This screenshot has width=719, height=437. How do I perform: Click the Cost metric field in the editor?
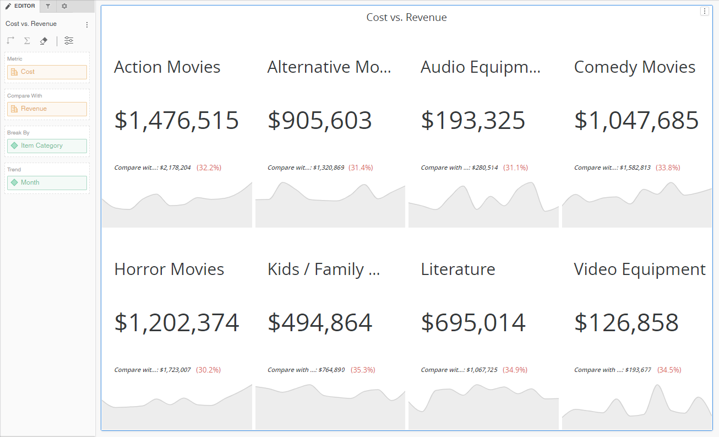(x=47, y=72)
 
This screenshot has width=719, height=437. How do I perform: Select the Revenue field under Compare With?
(x=47, y=109)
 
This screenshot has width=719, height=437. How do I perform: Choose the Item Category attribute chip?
(x=47, y=146)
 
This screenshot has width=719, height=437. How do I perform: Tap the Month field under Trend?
(x=47, y=183)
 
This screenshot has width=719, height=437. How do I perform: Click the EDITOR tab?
(x=20, y=6)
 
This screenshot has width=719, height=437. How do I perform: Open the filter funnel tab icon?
(x=48, y=6)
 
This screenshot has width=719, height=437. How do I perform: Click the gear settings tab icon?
(x=64, y=6)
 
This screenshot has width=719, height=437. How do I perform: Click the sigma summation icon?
(x=27, y=41)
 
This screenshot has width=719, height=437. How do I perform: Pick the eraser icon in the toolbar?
(x=44, y=41)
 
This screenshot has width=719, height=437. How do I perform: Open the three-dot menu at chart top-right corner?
(x=704, y=11)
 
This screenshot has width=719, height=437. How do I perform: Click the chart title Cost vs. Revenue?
(x=406, y=18)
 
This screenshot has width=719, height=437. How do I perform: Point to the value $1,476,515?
(x=176, y=121)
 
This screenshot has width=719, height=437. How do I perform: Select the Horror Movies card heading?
(x=169, y=269)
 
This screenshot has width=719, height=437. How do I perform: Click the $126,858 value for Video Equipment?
(x=626, y=323)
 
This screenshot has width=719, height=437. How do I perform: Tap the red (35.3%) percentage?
(x=363, y=370)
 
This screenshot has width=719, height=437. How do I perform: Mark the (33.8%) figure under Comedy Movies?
(x=668, y=168)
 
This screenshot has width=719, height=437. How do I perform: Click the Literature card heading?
(x=457, y=269)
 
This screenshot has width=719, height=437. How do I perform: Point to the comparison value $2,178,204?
(x=175, y=168)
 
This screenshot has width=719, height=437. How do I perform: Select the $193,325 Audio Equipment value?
(x=473, y=121)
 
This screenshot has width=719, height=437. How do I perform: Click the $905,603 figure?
(x=320, y=121)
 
